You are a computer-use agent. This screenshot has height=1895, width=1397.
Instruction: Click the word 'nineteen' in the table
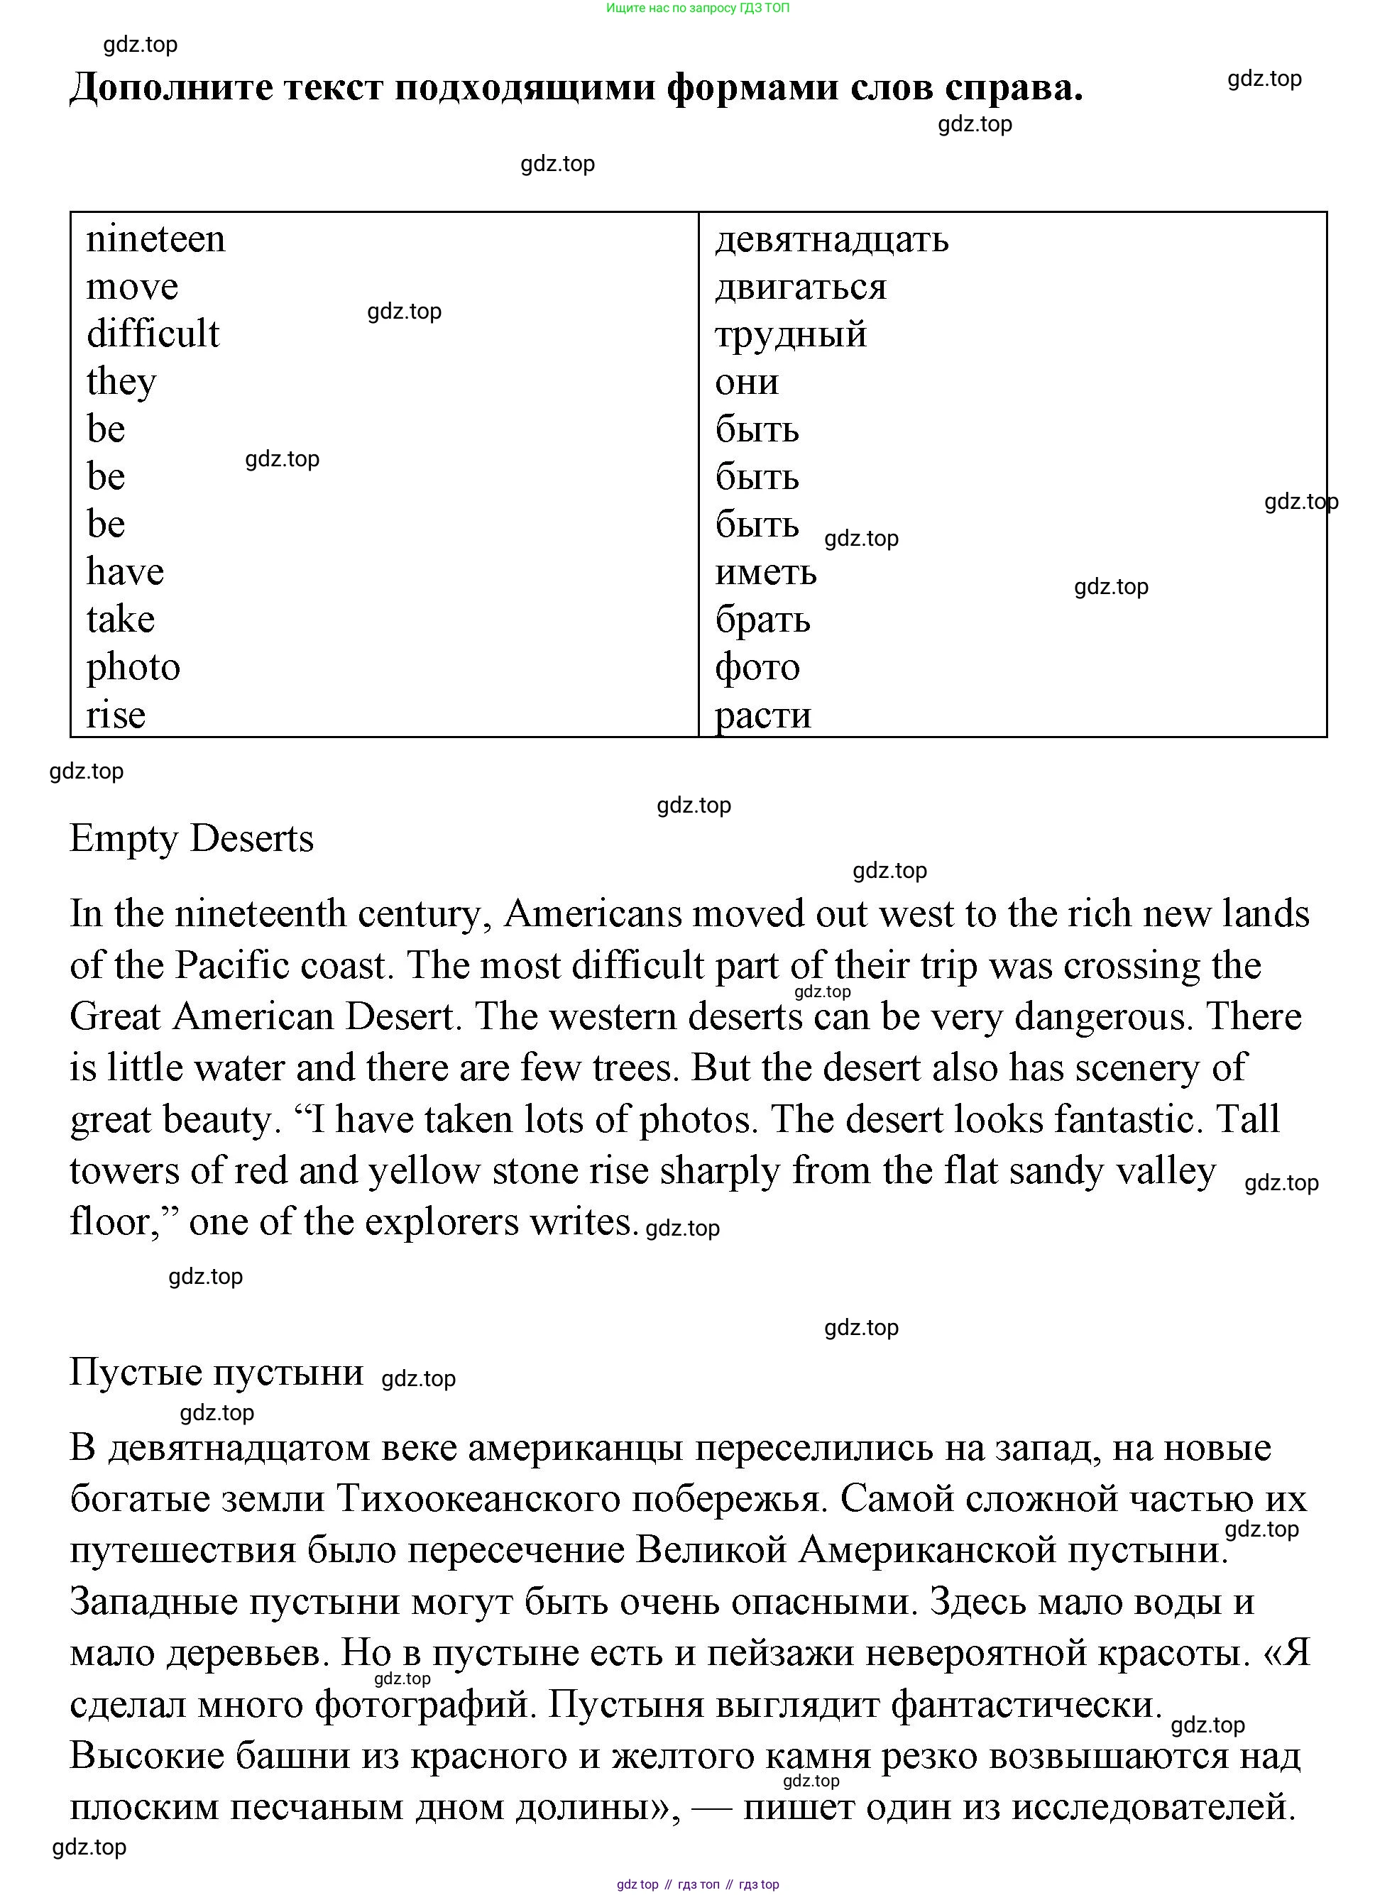click(155, 239)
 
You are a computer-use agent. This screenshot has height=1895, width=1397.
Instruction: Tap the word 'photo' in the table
click(133, 667)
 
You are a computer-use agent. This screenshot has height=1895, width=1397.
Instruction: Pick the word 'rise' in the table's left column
click(116, 715)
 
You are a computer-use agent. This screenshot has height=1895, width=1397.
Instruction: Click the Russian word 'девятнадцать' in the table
click(831, 240)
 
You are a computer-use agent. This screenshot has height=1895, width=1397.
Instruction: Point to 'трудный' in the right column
click(791, 335)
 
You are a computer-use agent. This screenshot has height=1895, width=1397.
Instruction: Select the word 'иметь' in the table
click(765, 573)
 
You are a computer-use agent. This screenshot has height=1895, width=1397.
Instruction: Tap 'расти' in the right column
click(763, 715)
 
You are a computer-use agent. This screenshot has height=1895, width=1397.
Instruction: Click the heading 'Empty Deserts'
click(191, 838)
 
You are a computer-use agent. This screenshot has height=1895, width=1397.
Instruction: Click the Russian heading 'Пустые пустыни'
click(216, 1372)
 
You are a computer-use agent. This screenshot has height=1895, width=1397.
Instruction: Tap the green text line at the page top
click(698, 9)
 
